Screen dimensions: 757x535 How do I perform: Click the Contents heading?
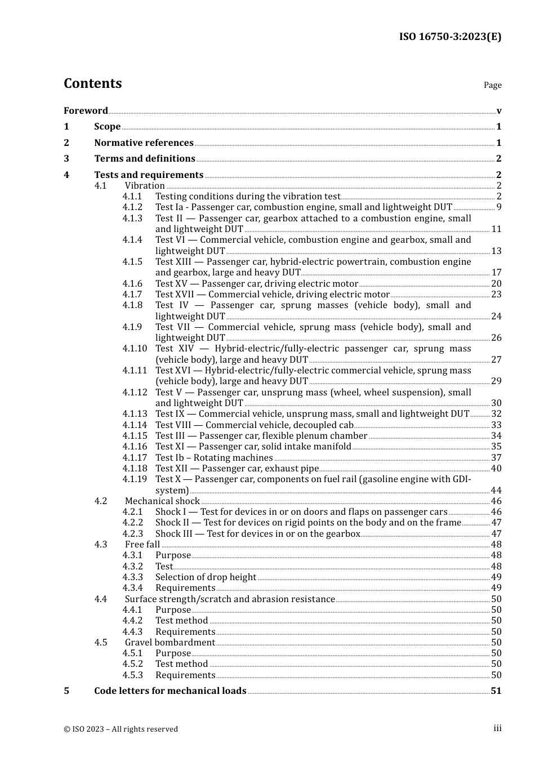click(x=92, y=83)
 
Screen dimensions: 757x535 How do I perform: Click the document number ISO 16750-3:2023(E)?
click(x=450, y=37)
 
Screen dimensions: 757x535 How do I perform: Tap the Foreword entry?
click(x=86, y=110)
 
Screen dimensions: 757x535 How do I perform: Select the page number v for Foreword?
click(x=499, y=111)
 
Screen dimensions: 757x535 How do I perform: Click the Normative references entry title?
click(x=144, y=143)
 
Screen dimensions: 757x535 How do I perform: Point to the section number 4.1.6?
click(x=132, y=284)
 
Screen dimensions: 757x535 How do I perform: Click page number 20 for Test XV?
click(x=496, y=284)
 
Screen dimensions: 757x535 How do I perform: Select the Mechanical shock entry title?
click(x=162, y=501)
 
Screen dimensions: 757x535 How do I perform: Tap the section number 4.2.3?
click(x=132, y=534)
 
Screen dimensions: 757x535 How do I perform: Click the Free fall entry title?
click(x=142, y=545)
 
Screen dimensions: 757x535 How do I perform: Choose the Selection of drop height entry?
click(x=206, y=577)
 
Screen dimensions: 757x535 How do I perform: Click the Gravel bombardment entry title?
click(x=170, y=643)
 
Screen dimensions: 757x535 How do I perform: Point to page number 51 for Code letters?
click(x=496, y=691)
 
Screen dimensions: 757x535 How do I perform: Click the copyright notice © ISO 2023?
click(x=121, y=729)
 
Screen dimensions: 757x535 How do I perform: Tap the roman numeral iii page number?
click(x=497, y=728)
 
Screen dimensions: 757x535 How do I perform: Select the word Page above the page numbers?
click(x=492, y=85)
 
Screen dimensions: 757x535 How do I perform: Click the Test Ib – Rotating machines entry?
click(x=214, y=458)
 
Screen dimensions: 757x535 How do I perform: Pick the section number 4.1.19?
click(x=135, y=479)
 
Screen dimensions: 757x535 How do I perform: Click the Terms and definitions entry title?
click(x=145, y=159)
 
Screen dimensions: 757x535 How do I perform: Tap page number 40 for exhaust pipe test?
click(x=496, y=469)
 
